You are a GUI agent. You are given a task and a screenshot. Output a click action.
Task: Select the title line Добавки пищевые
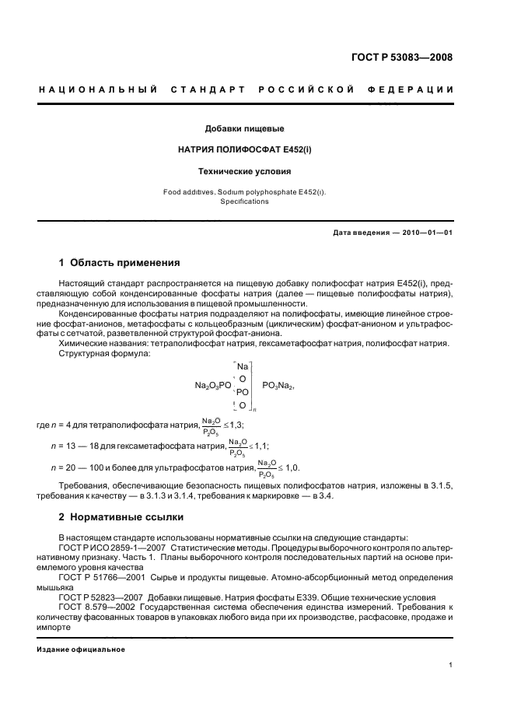pos(244,128)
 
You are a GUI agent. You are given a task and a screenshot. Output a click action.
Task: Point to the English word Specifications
pos(244,201)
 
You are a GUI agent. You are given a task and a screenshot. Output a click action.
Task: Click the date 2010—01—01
pos(425,233)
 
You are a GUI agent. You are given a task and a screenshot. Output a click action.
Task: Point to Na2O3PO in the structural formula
pos(213,384)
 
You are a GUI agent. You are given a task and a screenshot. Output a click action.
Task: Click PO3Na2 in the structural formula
pos(278,384)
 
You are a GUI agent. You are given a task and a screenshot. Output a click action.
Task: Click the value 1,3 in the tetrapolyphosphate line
pos(237,425)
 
